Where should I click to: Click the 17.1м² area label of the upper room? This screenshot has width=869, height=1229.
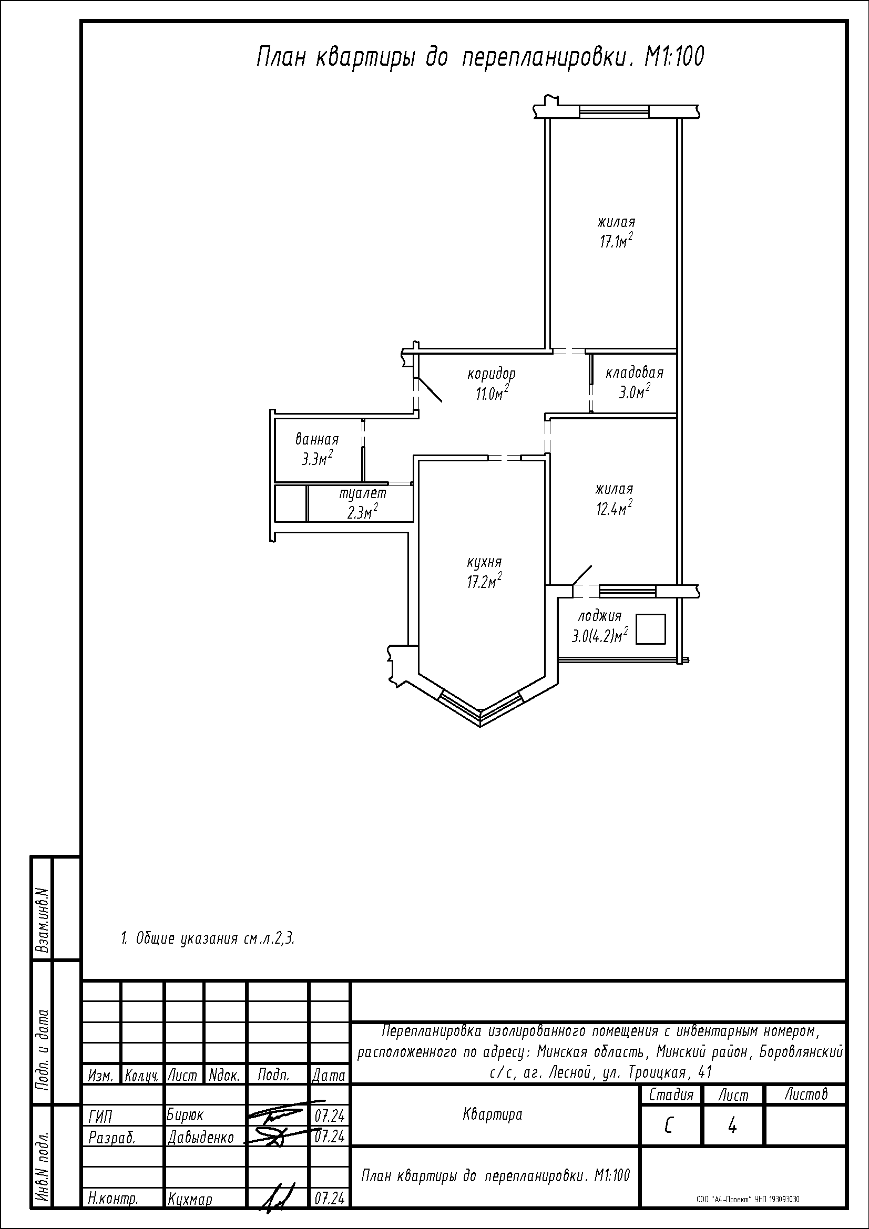pos(616,241)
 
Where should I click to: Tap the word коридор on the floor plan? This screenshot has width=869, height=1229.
pos(491,373)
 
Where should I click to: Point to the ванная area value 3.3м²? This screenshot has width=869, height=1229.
pos(317,458)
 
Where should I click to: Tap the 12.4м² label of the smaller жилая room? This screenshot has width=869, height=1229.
pos(614,508)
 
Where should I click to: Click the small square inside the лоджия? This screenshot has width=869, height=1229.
pos(650,629)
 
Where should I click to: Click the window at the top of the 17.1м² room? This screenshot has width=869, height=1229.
pos(614,112)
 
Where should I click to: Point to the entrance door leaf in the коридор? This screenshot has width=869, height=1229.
pos(430,390)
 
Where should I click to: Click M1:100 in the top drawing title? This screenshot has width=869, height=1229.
pos(674,57)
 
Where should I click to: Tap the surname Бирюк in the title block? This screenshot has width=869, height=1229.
pos(185,1114)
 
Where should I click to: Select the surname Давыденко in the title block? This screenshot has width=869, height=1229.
pos(201,1137)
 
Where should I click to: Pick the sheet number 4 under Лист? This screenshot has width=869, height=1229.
pos(732,1126)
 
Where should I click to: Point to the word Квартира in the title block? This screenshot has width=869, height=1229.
pos(492,1114)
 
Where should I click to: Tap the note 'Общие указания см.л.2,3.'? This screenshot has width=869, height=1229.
pos(208,938)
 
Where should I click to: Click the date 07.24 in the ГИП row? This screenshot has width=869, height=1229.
pos(329,1116)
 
